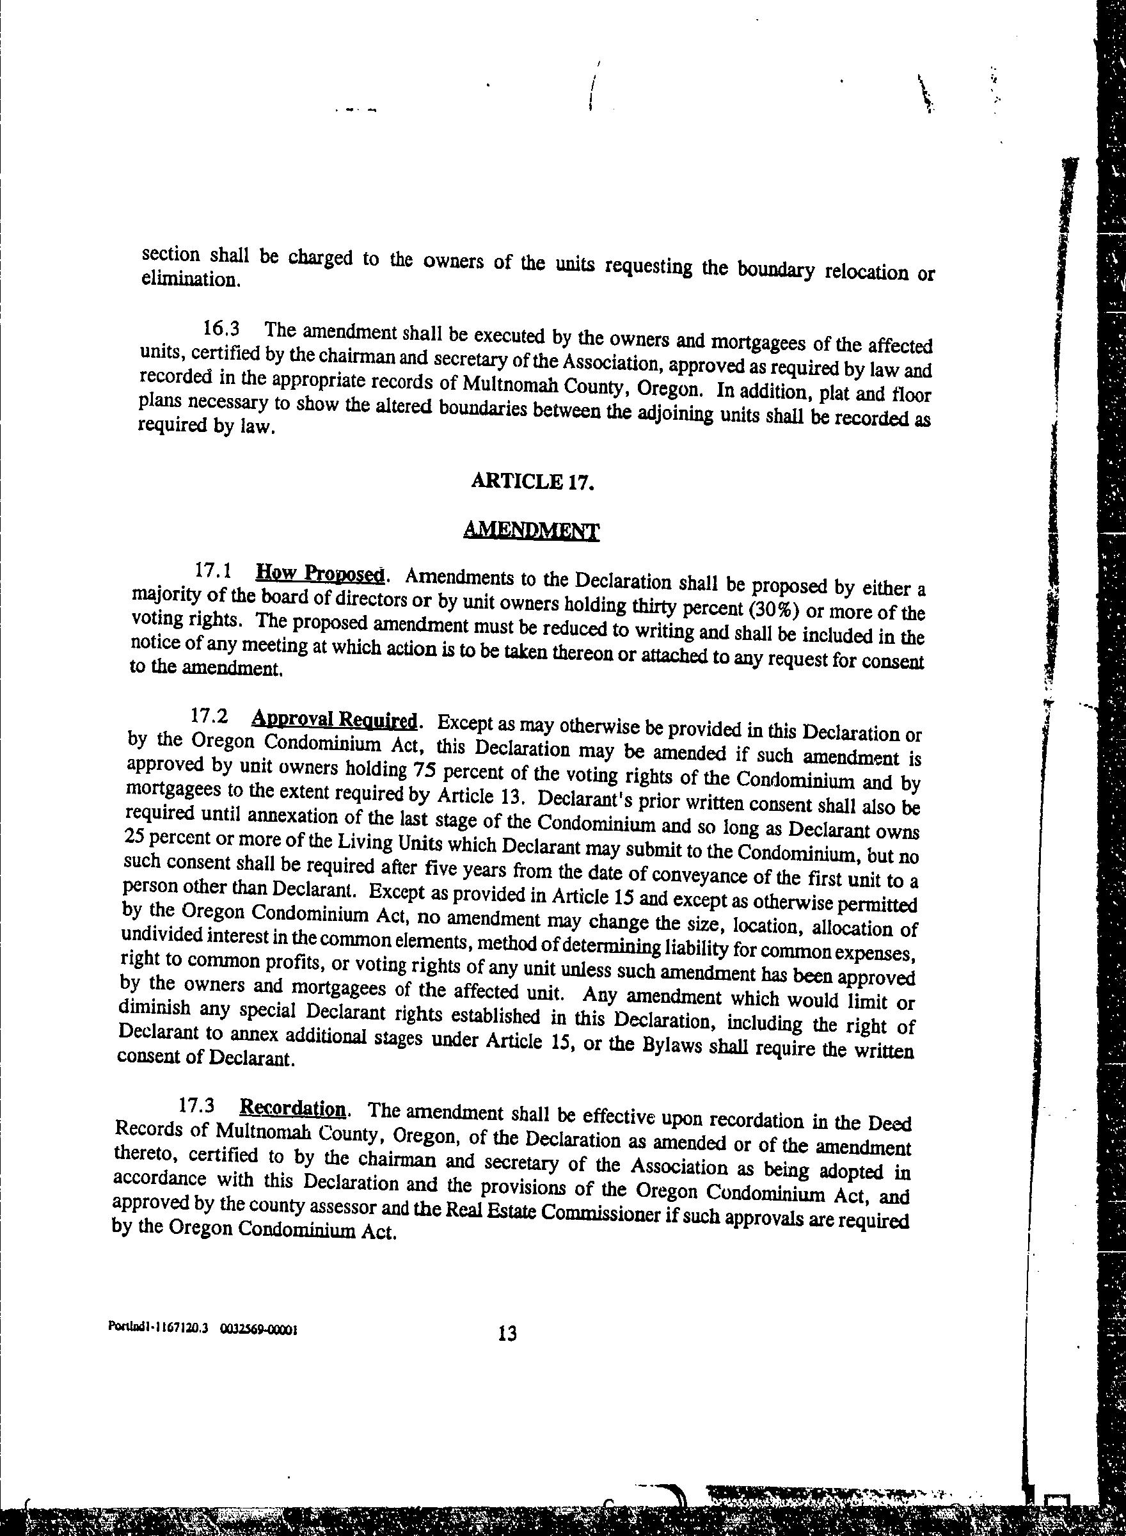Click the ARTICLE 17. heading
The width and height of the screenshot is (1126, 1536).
[533, 481]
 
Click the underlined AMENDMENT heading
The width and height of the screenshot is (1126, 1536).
[531, 530]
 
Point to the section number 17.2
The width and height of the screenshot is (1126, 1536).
[209, 717]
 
